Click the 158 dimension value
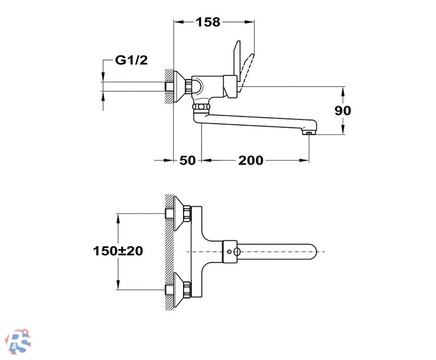pos(208,22)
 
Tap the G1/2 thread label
pos(131,60)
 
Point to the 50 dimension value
pos(187,160)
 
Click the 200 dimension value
pos(251,160)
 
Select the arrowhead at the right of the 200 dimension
pos(305,160)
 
